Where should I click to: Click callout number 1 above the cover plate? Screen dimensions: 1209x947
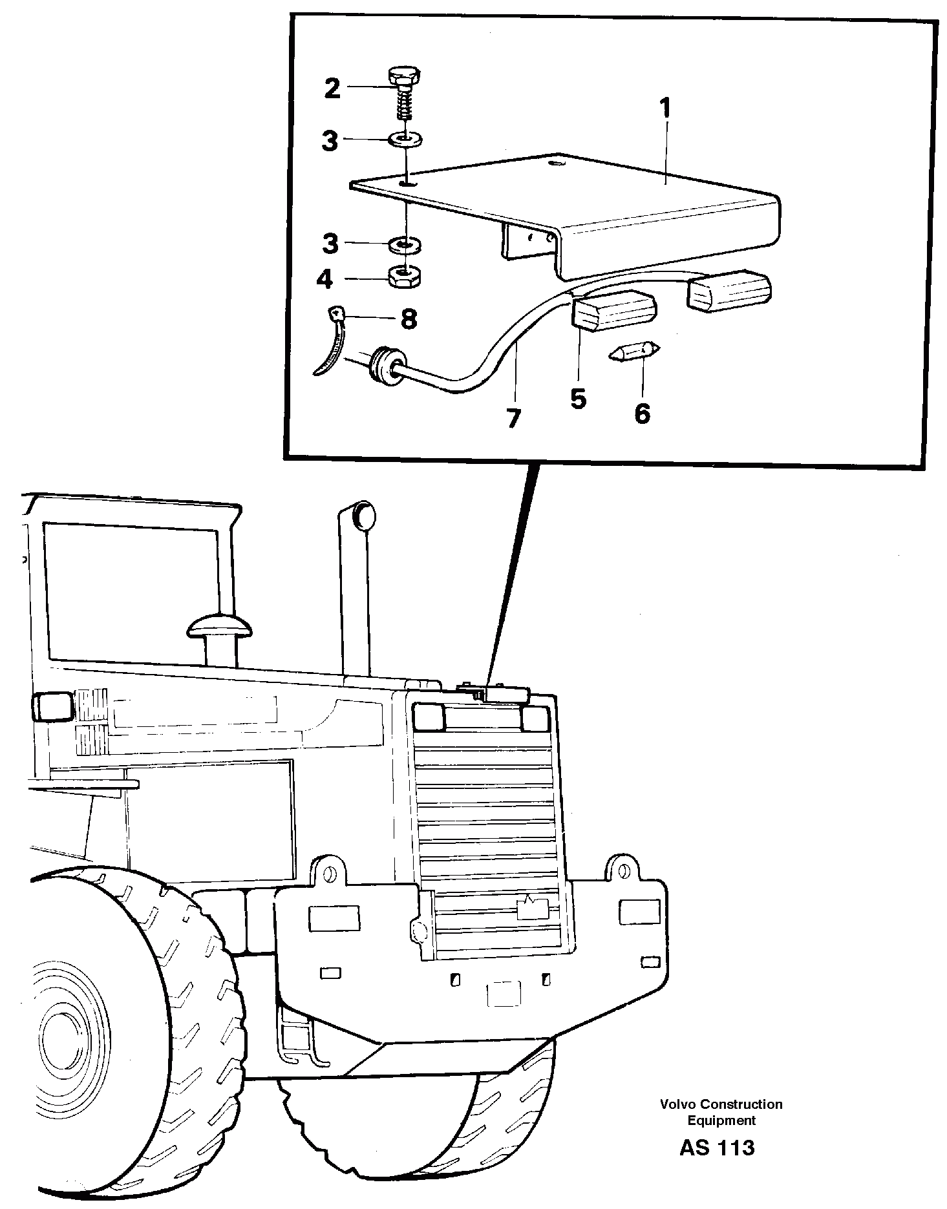[665, 109]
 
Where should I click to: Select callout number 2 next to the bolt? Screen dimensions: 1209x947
[332, 89]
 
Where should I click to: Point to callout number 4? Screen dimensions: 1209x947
[325, 279]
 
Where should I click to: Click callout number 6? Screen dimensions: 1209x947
[641, 413]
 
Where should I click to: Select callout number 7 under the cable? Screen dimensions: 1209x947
[513, 419]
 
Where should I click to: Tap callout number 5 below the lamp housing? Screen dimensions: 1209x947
[578, 399]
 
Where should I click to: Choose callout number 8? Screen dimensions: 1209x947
[409, 319]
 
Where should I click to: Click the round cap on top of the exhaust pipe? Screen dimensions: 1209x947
[364, 516]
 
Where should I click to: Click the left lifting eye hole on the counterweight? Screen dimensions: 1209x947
[330, 874]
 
